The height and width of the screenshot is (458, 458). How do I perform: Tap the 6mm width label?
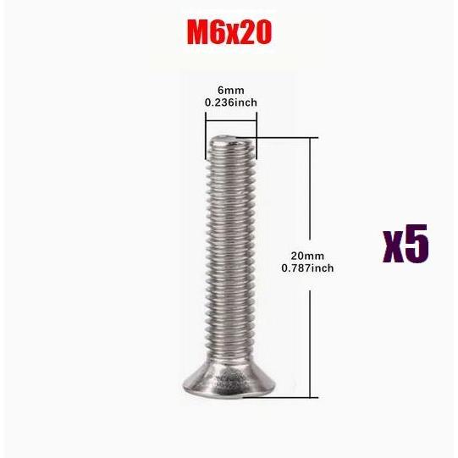pos(230,89)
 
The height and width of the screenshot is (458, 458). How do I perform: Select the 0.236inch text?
pos(230,102)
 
